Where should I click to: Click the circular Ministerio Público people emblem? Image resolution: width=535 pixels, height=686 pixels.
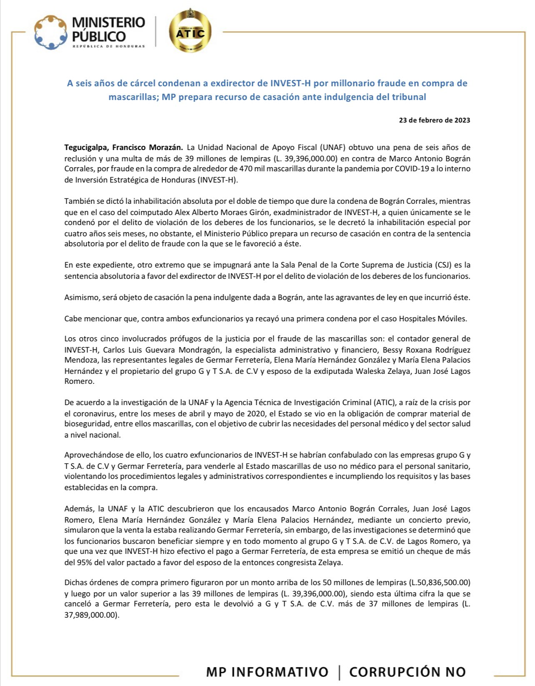(51, 32)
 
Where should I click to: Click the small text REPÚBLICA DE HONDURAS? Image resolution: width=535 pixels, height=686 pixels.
(109, 46)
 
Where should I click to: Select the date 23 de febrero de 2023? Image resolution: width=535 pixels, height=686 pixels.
(435, 120)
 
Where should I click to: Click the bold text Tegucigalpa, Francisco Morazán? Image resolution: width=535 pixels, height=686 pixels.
(123, 148)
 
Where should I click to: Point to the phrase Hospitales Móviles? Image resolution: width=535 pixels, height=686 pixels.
(433, 319)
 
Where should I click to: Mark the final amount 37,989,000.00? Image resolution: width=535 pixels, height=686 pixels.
(92, 615)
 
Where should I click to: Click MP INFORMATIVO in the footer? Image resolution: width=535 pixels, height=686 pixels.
(267, 671)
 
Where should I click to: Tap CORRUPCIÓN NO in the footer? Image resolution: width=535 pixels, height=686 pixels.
(407, 671)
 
